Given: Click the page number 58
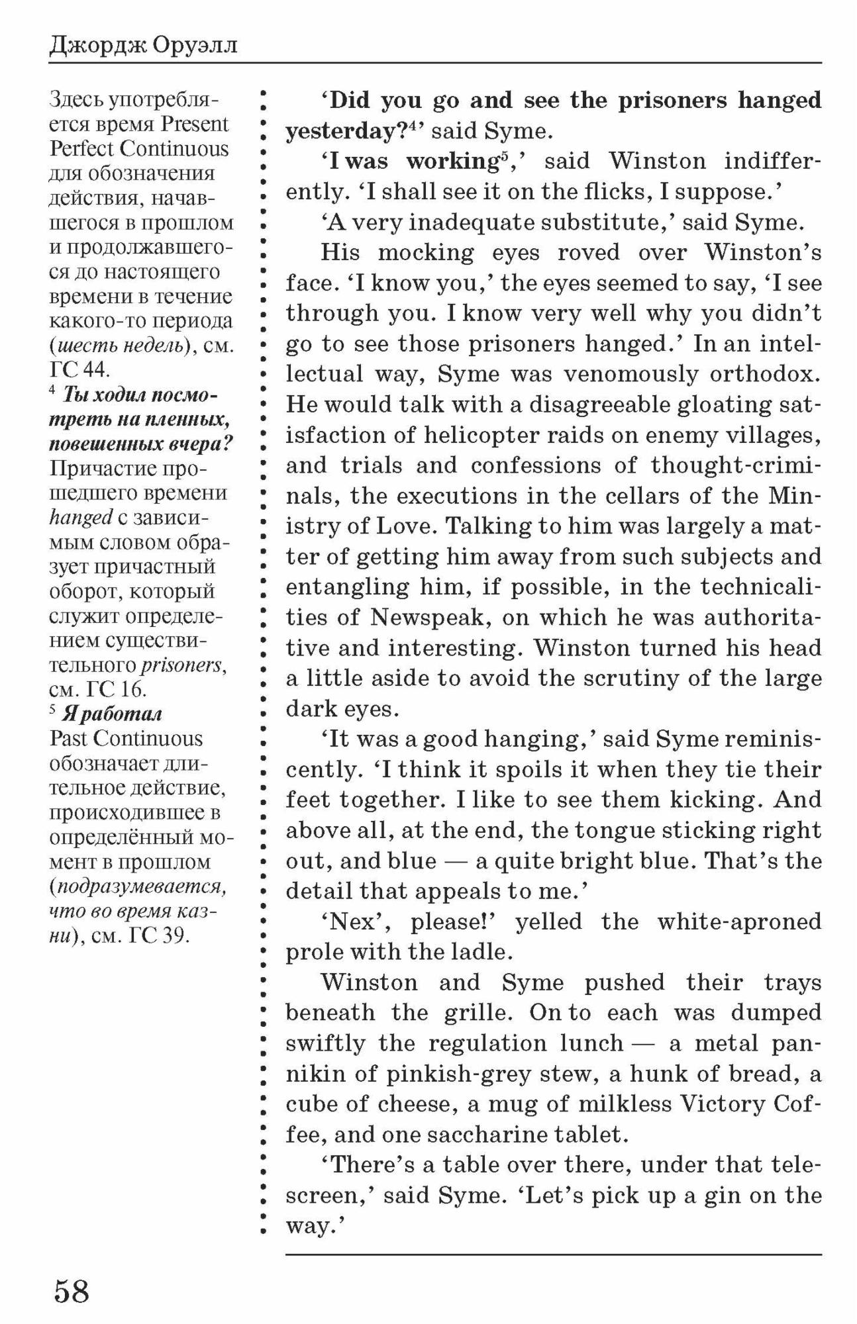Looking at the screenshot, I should [72, 1292].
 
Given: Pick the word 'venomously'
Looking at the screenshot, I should [629, 374].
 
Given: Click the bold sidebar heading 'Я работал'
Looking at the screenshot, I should [111, 714].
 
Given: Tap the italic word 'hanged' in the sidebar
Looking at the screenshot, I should [80, 518].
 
